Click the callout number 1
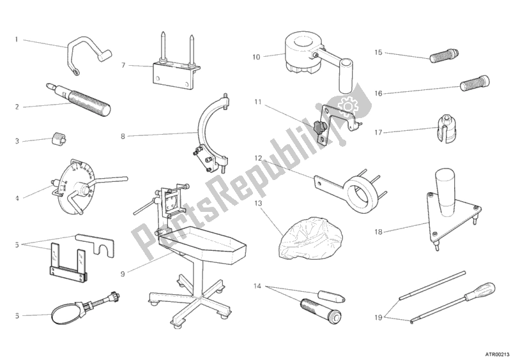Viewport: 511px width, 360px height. pyautogui.click(x=17, y=39)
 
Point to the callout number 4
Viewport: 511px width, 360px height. pyautogui.click(x=17, y=199)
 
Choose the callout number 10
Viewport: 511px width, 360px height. pyautogui.click(x=256, y=57)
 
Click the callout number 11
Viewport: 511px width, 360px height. pyautogui.click(x=257, y=101)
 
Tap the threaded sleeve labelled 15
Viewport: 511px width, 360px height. pyautogui.click(x=442, y=56)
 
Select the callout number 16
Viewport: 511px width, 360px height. pyautogui.click(x=379, y=93)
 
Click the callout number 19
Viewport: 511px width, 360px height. pyautogui.click(x=378, y=317)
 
